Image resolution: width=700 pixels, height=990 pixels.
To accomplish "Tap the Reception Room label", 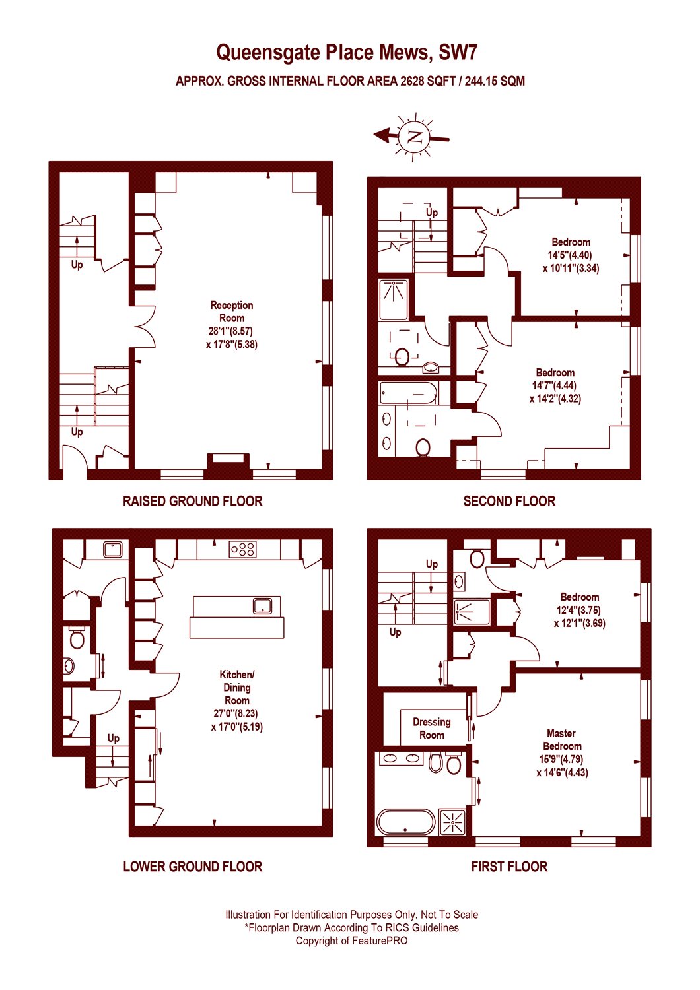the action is pos(232,312).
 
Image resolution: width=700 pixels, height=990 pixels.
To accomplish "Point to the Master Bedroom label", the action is pos(561,739).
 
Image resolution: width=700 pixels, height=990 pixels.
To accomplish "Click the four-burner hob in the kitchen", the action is pos(242,549).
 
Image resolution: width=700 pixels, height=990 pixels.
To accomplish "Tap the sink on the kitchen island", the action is pos(262,606).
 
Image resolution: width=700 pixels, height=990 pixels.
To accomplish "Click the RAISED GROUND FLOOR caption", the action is pos(193,501).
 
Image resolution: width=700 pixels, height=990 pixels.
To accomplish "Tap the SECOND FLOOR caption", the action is pos(509,501).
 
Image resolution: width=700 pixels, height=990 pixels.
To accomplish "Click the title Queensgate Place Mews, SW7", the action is pos(347,53).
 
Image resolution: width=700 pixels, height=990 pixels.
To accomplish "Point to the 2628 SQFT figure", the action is pos(427,81).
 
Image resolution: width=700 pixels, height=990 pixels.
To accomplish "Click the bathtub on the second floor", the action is pos(409,393).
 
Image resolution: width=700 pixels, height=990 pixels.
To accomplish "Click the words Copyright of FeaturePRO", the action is pos(351,940).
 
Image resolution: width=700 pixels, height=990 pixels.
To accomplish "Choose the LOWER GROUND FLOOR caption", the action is pos(193,867).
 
